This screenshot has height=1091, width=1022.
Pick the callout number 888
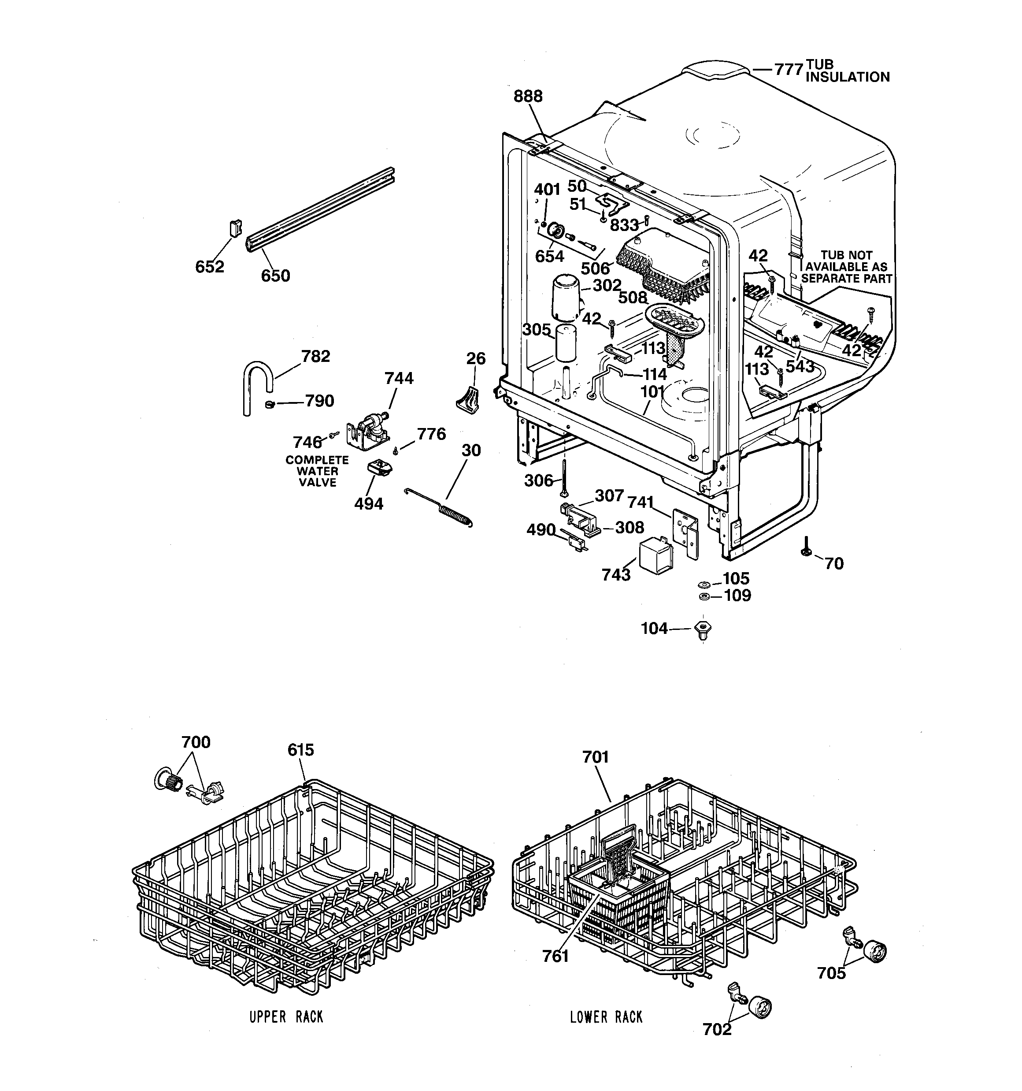pyautogui.click(x=528, y=97)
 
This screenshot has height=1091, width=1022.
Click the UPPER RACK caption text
pyautogui.click(x=286, y=1017)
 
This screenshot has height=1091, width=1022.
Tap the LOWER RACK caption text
pyautogui.click(x=606, y=1017)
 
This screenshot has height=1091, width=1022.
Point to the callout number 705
pyautogui.click(x=831, y=973)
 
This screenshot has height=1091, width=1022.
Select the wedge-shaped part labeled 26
pyautogui.click(x=467, y=398)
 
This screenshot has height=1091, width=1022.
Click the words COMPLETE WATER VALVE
pyautogui.click(x=317, y=471)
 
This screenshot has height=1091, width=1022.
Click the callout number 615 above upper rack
pyautogui.click(x=300, y=750)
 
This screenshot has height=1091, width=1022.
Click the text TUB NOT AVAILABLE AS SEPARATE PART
pyautogui.click(x=847, y=267)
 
